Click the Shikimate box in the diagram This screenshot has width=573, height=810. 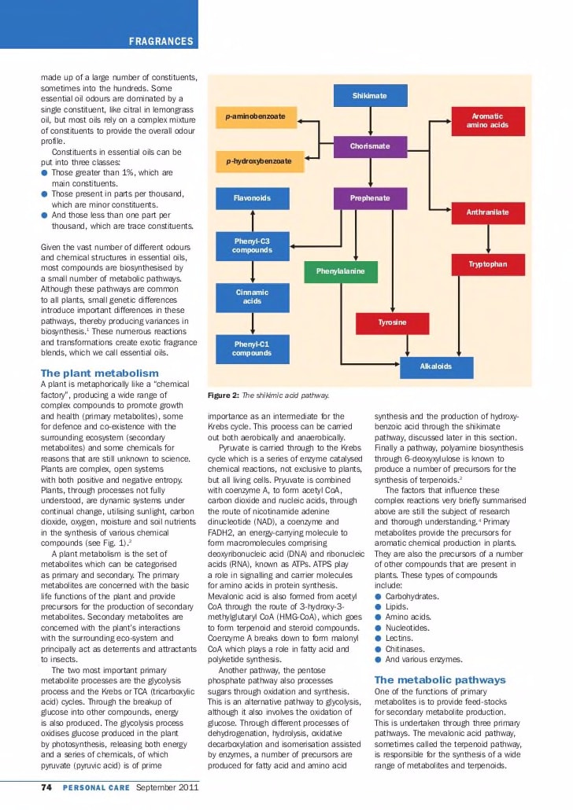click(369, 95)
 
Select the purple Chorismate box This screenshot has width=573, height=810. click(370, 146)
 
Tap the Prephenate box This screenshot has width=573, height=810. click(370, 198)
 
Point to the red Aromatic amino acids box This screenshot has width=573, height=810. click(487, 120)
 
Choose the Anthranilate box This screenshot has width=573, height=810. click(487, 212)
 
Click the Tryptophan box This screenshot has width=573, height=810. click(488, 264)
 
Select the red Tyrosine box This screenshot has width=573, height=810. click(392, 323)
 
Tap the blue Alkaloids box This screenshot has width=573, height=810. click(436, 366)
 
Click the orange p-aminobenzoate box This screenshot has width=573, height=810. click(256, 117)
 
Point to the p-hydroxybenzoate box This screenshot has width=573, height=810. click(256, 161)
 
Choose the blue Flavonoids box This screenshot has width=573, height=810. click(252, 198)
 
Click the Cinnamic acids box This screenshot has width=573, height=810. click(252, 296)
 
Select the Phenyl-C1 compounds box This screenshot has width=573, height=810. click(252, 348)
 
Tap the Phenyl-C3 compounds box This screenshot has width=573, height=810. click(252, 245)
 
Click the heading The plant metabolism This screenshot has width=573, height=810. click(99, 373)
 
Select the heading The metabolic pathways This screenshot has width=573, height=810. click(440, 679)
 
